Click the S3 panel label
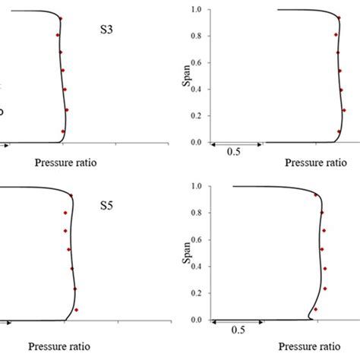[x=109, y=31]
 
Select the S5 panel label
[x=109, y=204]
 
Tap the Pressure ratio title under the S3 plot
[x=66, y=162]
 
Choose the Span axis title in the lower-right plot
[x=188, y=253]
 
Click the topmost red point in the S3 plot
[x=61, y=18]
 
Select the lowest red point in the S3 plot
[x=63, y=131]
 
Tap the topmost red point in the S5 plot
[x=71, y=196]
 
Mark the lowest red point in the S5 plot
[x=77, y=310]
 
